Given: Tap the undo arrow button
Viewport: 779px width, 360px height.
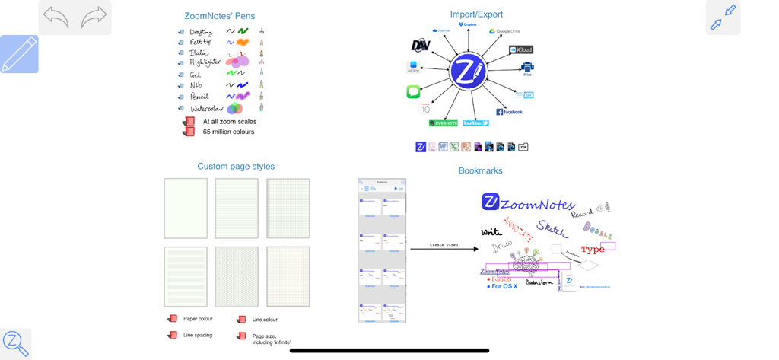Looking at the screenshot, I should (x=56, y=17).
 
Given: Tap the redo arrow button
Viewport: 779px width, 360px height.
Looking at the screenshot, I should (x=94, y=17).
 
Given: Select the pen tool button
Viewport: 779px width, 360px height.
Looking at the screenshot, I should (x=19, y=54).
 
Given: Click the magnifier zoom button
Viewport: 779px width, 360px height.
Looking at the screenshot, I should (x=15, y=343).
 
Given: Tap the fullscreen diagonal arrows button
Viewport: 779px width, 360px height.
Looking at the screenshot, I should (x=723, y=18).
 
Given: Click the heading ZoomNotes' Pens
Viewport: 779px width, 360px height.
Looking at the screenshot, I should (x=220, y=16).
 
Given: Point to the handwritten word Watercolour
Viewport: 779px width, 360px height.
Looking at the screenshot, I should (x=206, y=109).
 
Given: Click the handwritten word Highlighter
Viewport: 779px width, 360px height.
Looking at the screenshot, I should (x=205, y=62).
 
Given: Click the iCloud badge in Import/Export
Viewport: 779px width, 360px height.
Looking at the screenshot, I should (x=521, y=49).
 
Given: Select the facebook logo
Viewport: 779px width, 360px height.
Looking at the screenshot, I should (x=510, y=112).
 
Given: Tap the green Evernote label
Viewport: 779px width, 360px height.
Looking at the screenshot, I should (x=444, y=123).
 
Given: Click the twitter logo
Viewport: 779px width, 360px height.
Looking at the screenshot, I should (x=476, y=123).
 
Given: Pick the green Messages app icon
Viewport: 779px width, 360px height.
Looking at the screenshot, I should (x=413, y=92).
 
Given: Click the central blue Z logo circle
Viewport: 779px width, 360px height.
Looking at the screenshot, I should (x=467, y=72).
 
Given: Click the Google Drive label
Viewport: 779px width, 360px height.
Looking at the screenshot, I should (x=504, y=31).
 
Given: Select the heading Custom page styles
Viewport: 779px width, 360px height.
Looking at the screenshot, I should (x=236, y=167).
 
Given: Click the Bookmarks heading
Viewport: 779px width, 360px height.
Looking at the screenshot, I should (x=480, y=170).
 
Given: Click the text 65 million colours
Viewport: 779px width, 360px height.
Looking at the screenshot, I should (x=228, y=132).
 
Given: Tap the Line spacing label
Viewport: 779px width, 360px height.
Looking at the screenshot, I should (x=198, y=335).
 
